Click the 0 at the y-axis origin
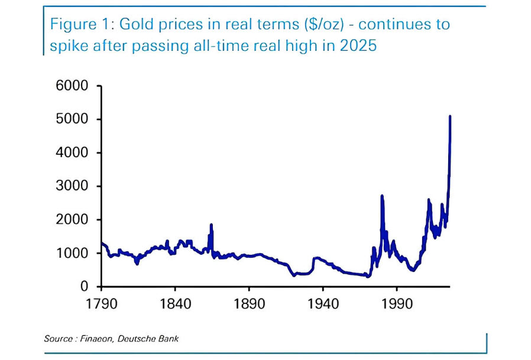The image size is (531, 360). pos(85,287)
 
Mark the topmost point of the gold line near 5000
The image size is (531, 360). pos(450,116)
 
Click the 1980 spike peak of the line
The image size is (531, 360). pos(382,196)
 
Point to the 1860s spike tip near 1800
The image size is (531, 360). pos(211,225)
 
